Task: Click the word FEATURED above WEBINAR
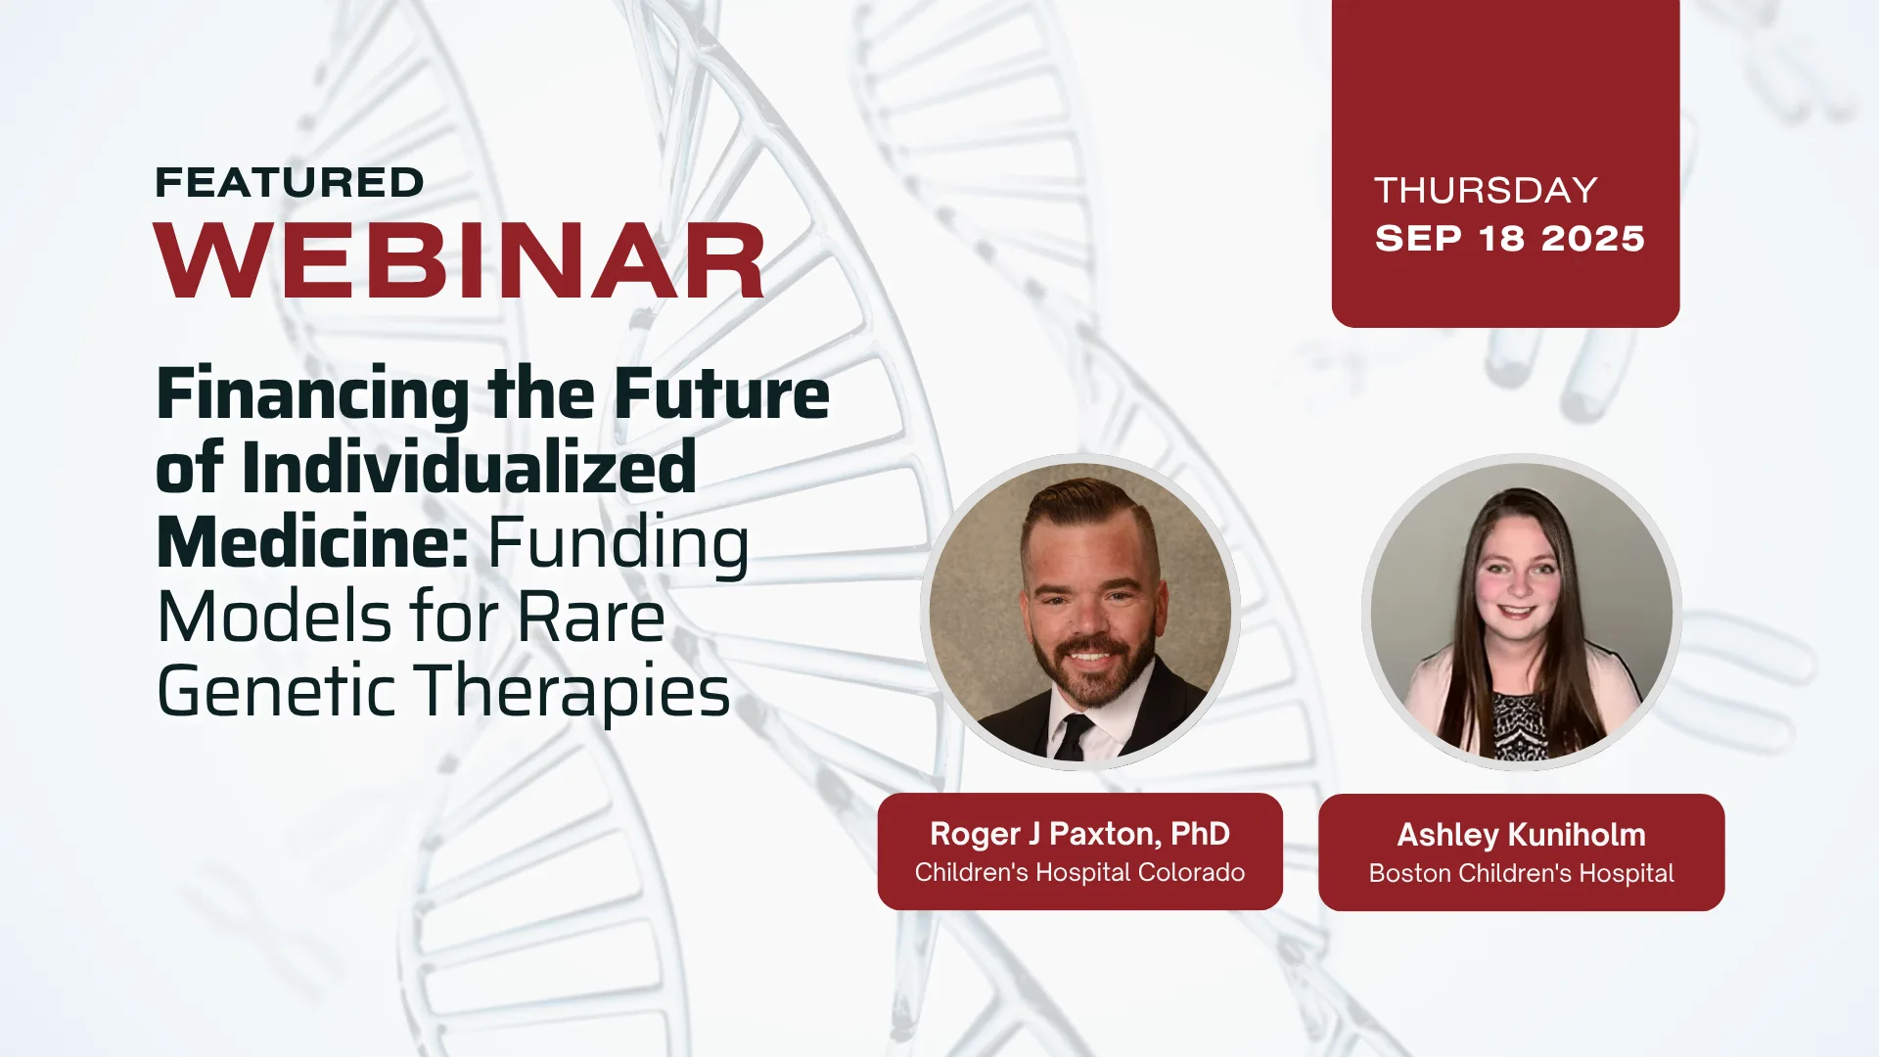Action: tap(290, 183)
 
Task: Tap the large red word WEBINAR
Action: tap(460, 260)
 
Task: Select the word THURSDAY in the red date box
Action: tap(1486, 190)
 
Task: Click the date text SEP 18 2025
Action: tap(1510, 239)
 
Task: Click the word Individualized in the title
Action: tap(470, 468)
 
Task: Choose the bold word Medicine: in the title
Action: tap(312, 542)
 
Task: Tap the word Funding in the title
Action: tap(619, 546)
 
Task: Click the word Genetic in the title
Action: tap(276, 691)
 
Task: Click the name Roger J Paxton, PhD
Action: tap(1079, 834)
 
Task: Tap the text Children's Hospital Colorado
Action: tap(1079, 872)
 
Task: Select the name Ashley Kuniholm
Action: tap(1521, 835)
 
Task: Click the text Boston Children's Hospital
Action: tap(1521, 873)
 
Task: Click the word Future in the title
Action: tap(722, 393)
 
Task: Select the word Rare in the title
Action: tap(591, 618)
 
